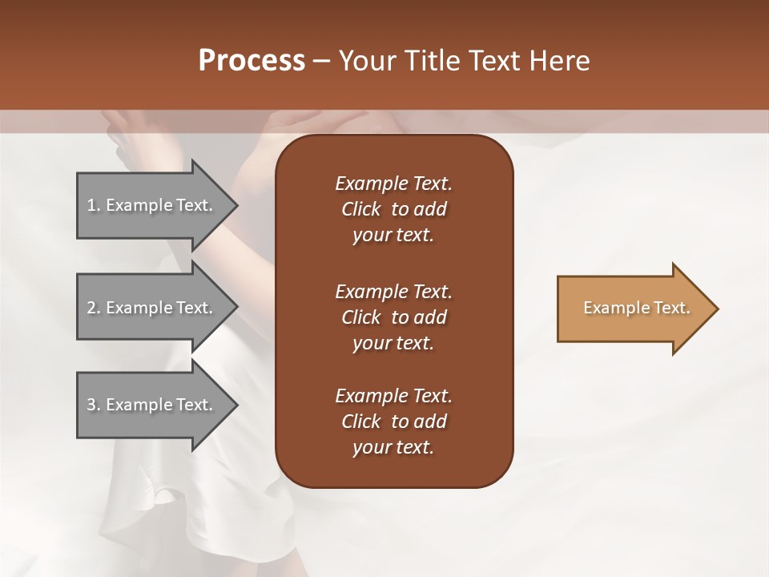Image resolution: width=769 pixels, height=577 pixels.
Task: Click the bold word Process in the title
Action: (x=252, y=61)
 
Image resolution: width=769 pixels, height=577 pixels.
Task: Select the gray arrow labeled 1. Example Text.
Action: (x=152, y=205)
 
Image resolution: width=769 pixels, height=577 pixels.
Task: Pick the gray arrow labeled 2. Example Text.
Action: (x=152, y=308)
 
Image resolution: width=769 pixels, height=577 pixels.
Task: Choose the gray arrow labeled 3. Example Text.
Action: (x=152, y=405)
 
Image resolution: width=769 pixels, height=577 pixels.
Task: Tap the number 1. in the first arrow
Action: (x=94, y=205)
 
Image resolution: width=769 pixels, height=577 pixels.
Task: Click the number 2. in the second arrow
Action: (x=94, y=308)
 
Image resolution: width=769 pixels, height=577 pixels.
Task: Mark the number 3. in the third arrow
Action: (x=94, y=405)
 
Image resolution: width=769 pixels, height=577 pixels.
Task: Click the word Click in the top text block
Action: (x=360, y=209)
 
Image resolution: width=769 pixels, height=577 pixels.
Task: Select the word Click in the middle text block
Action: (x=360, y=317)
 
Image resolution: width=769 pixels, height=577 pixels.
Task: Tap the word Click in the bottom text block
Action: (x=360, y=422)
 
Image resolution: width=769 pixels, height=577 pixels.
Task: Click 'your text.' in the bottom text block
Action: (x=393, y=447)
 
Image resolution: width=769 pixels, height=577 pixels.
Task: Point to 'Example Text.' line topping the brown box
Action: (x=393, y=184)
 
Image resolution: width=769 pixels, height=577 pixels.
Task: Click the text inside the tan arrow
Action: (x=637, y=308)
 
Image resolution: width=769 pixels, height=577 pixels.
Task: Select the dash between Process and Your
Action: (x=322, y=61)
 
